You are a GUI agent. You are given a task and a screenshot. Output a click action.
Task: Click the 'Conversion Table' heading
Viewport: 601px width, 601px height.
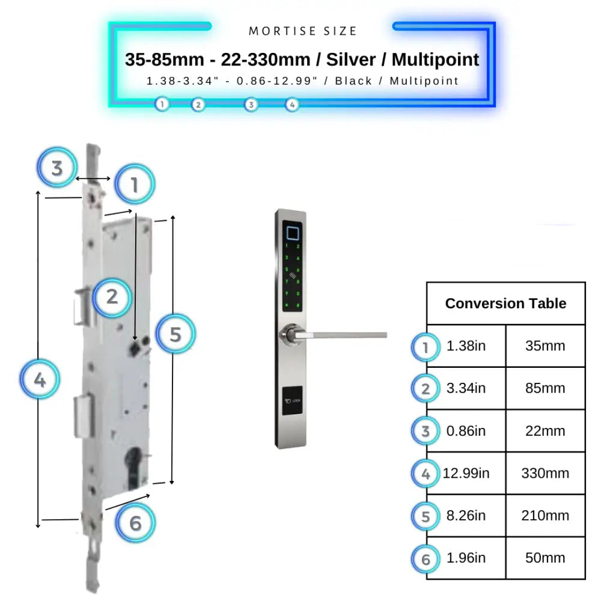click(505, 304)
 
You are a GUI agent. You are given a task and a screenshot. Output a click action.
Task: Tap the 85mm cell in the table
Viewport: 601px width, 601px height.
click(545, 388)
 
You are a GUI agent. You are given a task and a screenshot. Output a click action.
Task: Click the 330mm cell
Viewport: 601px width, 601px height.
click(545, 473)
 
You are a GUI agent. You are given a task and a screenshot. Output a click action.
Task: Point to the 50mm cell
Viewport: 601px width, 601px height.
click(545, 558)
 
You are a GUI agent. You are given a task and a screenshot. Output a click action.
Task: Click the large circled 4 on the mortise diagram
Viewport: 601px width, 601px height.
click(40, 380)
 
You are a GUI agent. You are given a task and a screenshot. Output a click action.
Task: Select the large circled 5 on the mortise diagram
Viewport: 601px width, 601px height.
click(175, 334)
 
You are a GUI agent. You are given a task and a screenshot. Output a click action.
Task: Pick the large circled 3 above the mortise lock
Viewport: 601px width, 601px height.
click(56, 168)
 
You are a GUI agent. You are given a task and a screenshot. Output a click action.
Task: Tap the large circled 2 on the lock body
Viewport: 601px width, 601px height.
click(112, 296)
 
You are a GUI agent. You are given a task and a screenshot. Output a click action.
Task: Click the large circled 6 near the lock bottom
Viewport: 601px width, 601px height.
click(135, 523)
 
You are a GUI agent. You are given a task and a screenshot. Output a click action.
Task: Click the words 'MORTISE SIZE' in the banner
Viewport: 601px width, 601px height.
click(303, 31)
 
